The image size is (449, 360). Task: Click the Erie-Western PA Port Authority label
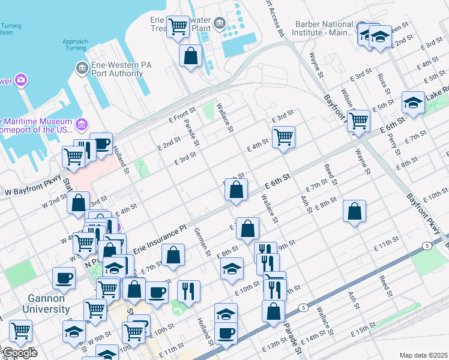click(117, 69)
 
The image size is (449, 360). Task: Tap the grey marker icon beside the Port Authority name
click(82, 68)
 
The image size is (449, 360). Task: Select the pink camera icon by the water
click(21, 80)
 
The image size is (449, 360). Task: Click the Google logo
click(19, 353)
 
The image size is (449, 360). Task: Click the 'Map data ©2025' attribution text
click(423, 355)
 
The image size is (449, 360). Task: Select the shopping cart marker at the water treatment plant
click(178, 26)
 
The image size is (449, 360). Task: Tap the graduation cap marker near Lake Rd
click(413, 103)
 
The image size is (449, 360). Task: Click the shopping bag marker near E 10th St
click(273, 311)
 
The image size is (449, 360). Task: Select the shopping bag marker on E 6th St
click(237, 189)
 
